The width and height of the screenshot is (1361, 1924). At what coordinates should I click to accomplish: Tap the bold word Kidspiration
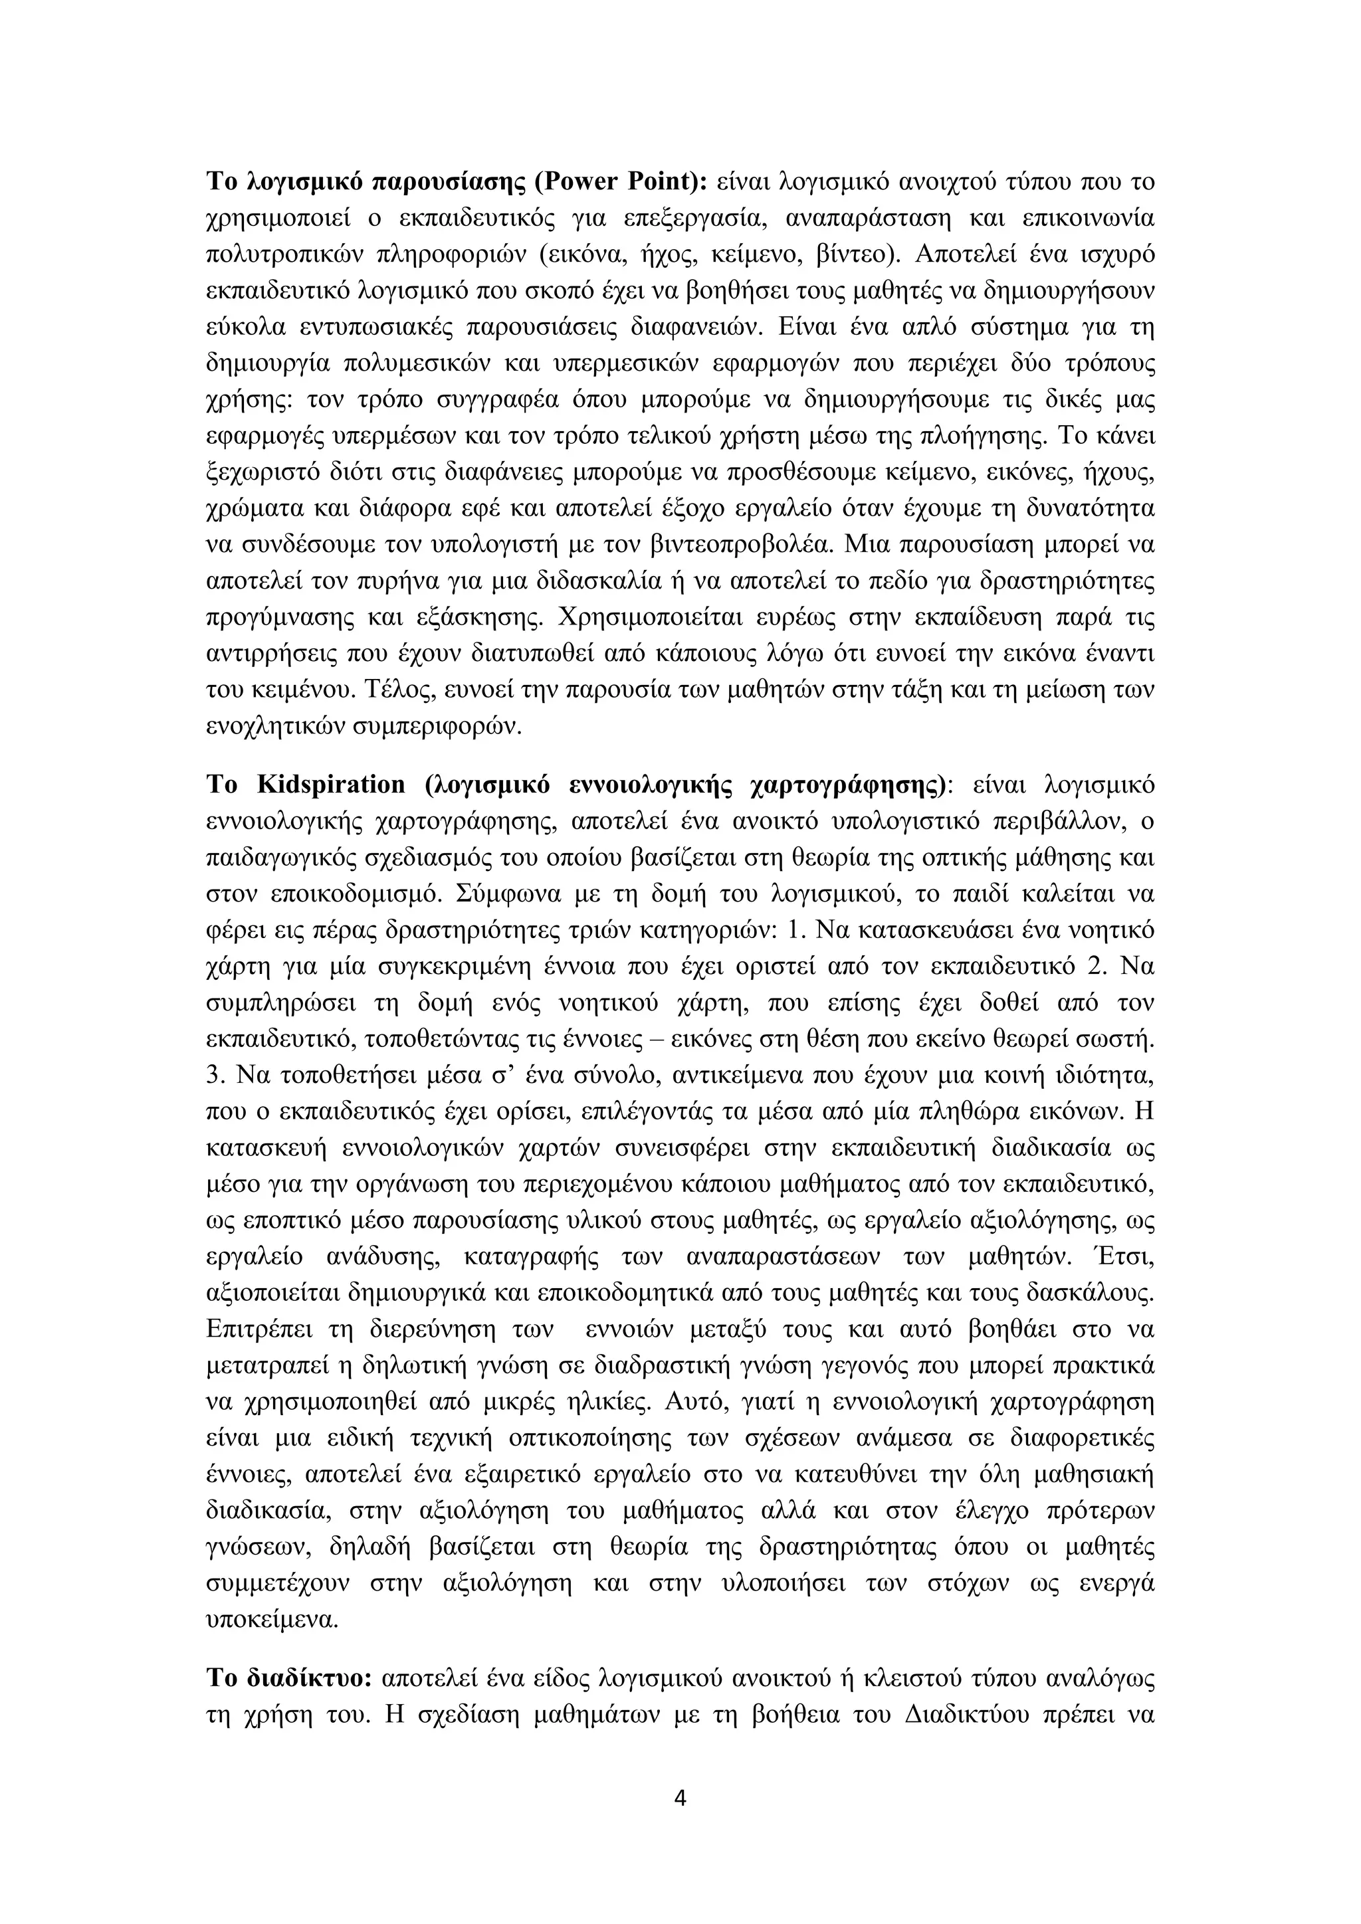[x=331, y=785]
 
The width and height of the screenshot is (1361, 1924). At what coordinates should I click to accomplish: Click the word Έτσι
[x=1127, y=1257]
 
